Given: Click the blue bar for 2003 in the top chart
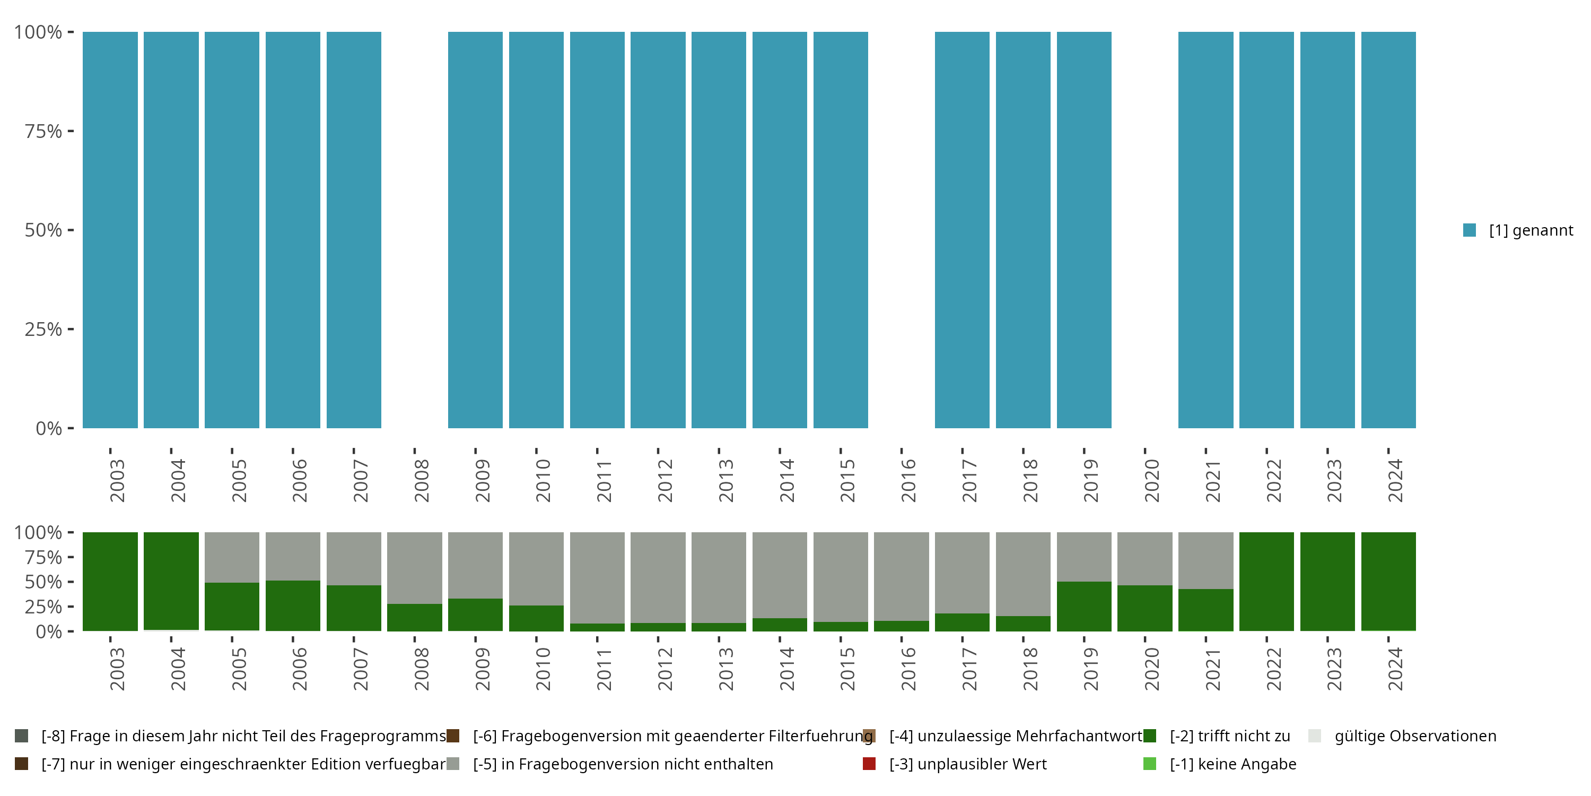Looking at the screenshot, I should pos(110,230).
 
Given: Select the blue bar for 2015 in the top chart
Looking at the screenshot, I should pos(841,230).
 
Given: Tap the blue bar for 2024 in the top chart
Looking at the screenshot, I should pos(1388,230).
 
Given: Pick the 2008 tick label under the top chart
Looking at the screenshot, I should pos(421,481).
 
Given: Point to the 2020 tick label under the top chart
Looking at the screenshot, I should pos(1152,481).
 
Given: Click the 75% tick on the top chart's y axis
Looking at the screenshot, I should pos(43,131).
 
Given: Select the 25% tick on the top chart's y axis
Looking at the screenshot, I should pos(43,329).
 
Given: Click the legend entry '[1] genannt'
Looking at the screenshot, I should pos(1531,230).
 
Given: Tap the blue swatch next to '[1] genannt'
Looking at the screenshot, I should pos(1470,230).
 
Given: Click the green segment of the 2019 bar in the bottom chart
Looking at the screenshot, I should pos(1084,605).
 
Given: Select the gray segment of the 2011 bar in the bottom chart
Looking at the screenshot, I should pos(597,577).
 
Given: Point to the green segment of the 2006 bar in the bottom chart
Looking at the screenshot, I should pos(293,605).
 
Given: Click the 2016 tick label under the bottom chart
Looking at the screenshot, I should pos(908,669).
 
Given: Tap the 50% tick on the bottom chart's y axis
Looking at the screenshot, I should pos(43,582).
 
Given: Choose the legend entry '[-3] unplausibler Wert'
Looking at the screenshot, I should pos(967,764).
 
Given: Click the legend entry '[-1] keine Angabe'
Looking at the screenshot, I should pos(1232,764).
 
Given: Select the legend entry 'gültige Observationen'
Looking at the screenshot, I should pos(1415,736).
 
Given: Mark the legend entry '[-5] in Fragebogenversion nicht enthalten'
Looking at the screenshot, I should pos(623,764).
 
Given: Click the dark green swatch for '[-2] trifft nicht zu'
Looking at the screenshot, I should pos(1149,736).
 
